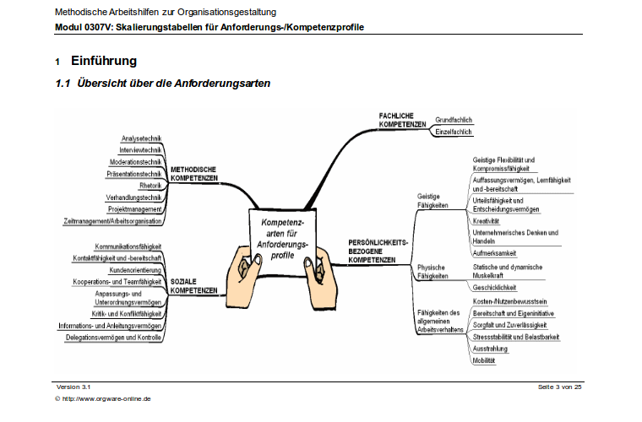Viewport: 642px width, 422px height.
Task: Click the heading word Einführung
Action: coord(104,61)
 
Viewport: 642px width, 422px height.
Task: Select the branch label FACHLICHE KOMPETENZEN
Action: coord(402,120)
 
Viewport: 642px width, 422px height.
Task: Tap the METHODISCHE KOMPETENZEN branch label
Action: coord(194,174)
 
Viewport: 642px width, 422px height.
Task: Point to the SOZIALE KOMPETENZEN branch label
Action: coord(193,286)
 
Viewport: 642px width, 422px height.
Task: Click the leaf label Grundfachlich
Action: coord(454,120)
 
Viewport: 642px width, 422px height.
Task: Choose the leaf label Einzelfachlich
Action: coord(454,132)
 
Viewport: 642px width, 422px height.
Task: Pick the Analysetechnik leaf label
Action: coord(141,138)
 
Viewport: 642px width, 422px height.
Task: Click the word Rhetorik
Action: coord(150,186)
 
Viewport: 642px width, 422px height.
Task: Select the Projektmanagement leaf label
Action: coord(134,209)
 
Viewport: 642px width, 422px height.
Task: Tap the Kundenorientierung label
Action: coord(135,270)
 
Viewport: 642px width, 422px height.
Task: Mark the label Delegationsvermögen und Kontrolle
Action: coord(113,338)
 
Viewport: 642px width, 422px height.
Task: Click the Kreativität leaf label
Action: coord(486,221)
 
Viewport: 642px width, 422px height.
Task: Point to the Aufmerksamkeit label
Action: coord(494,253)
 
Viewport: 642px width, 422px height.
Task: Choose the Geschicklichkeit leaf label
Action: coord(494,288)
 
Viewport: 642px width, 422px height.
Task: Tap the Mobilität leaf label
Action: coord(484,360)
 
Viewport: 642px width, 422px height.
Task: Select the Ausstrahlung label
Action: coord(490,349)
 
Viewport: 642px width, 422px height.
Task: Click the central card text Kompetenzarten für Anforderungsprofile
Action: coord(282,239)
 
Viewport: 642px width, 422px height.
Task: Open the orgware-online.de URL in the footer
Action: coord(106,398)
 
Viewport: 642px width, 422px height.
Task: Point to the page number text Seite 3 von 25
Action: coord(559,387)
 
